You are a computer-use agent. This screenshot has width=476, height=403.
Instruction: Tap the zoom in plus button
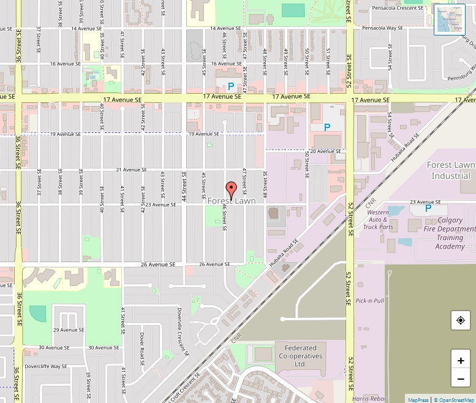460,360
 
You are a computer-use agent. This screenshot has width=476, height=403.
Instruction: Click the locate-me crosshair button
460,320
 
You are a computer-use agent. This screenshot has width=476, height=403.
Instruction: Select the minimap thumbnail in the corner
449,19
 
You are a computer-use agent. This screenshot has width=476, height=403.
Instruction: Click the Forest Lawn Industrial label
451,170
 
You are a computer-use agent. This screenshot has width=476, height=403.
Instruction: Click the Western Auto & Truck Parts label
378,219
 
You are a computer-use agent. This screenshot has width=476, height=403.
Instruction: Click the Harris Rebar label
369,399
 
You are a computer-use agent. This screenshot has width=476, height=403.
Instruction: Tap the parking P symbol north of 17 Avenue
231,87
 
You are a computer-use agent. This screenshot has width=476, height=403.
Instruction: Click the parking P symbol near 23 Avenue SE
428,208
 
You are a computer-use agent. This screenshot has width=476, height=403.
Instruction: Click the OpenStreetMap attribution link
454,399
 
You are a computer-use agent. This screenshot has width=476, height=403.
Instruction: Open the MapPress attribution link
418,399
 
